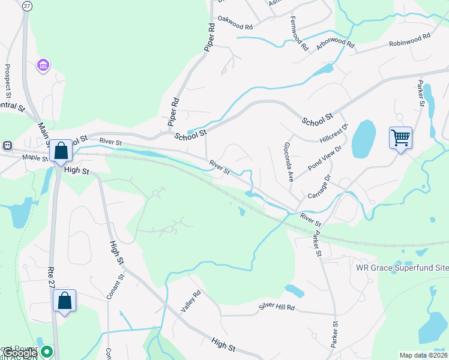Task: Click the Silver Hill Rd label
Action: coord(277,307)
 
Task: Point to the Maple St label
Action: coord(35,158)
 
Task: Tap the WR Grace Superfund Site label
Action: coord(402,267)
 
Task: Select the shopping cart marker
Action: coord(400,138)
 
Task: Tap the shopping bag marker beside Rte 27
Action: coord(64,300)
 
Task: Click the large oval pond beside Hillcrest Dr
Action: coord(363,139)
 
